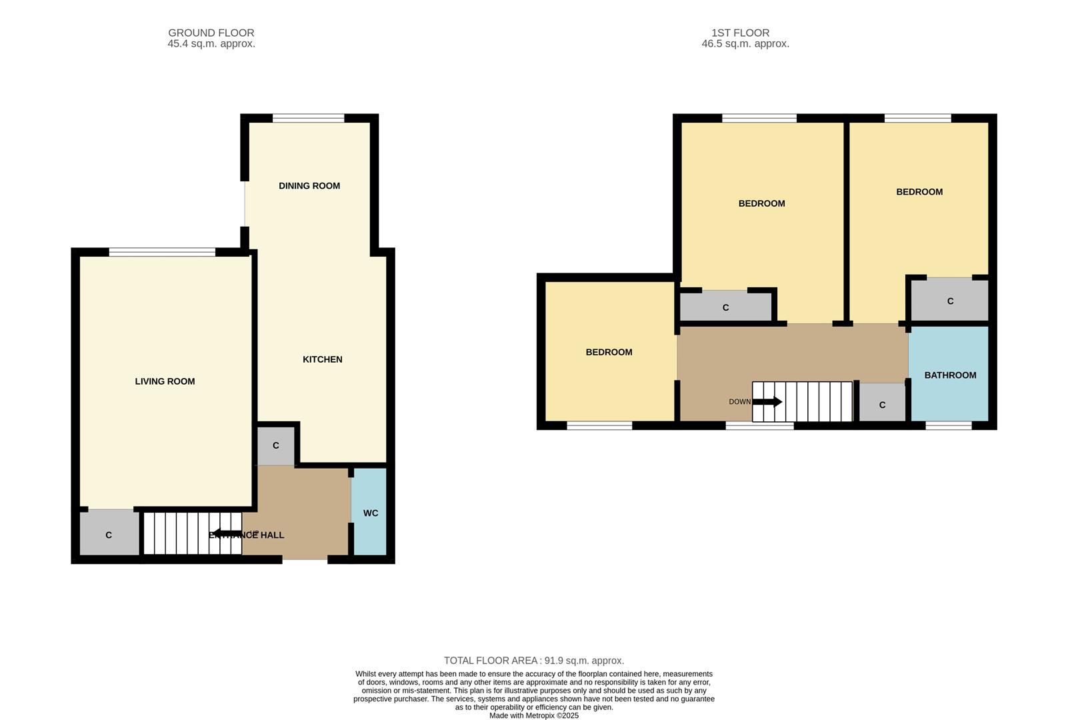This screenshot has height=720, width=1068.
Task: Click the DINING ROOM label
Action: coord(309,186)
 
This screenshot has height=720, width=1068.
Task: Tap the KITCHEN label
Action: coord(323,359)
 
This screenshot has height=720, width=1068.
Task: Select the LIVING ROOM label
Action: coord(165,381)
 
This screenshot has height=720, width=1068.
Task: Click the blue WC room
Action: coord(370,512)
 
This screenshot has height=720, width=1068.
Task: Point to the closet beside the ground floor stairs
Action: coord(109,533)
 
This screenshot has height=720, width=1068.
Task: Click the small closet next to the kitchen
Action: coord(275,445)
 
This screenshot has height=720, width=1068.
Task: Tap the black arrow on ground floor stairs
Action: coord(227,533)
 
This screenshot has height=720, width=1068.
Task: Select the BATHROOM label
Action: coord(950,375)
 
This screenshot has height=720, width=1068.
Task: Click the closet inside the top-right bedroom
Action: coord(950,301)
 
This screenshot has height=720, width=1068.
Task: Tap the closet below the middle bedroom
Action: coord(725,307)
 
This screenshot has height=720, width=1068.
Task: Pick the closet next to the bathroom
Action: coord(882,404)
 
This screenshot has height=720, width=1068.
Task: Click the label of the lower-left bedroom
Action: coord(609,352)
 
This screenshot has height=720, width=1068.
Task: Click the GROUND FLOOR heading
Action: coord(211,33)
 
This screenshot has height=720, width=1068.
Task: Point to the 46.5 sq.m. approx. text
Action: coord(745,44)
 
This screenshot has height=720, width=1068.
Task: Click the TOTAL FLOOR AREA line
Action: coord(534,661)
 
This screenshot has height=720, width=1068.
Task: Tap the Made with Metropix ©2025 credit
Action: coord(534,715)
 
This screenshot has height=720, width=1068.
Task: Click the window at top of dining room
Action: coord(308,119)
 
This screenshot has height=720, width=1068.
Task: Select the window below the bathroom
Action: coord(949,425)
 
